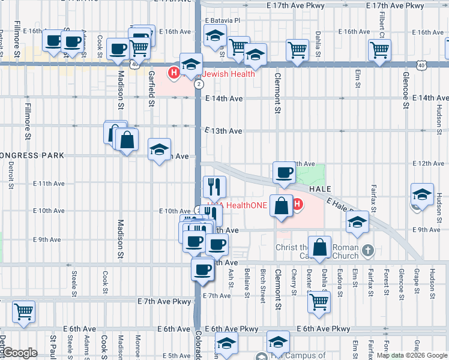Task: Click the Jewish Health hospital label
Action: [x=228, y=74]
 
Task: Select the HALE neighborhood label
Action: [x=320, y=188]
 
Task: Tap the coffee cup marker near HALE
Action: [x=284, y=173]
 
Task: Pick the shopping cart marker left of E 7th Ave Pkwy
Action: [x=24, y=311]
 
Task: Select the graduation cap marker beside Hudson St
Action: [x=422, y=195]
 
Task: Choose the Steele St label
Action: [x=74, y=284]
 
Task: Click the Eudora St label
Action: [x=339, y=284]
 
